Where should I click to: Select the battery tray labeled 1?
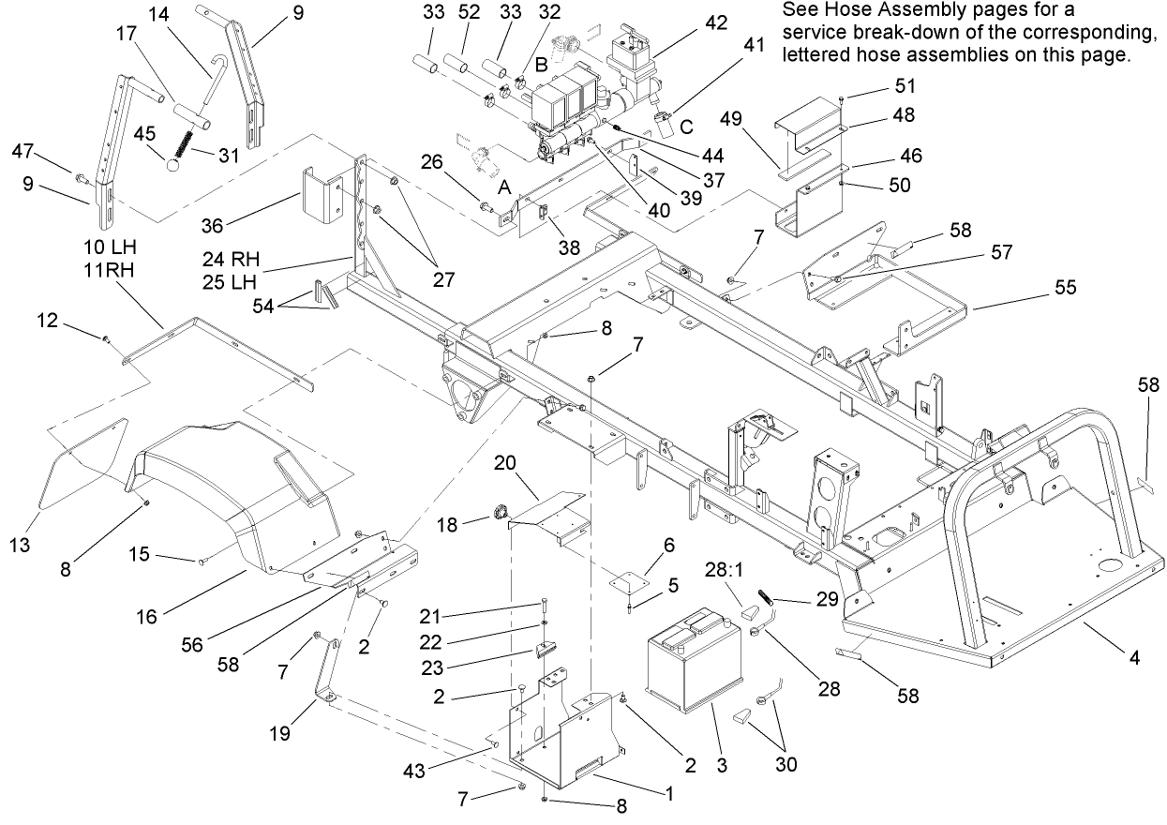click(x=567, y=731)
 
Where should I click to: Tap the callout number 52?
click(x=469, y=14)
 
